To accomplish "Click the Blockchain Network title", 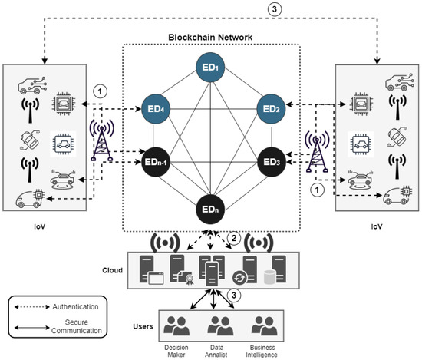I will tap(210, 36).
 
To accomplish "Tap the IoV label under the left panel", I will tap(45, 227).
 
